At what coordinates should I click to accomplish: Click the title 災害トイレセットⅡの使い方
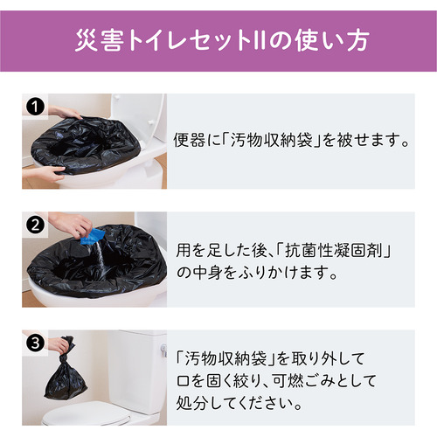pyautogui.click(x=222, y=40)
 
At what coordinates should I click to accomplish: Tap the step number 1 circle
pyautogui.click(x=35, y=107)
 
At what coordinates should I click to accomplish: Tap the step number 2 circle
pyautogui.click(x=35, y=225)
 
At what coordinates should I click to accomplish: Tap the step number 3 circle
pyautogui.click(x=35, y=343)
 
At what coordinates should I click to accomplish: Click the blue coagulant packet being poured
pyautogui.click(x=92, y=236)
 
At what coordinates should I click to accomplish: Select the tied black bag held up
pyautogui.click(x=66, y=370)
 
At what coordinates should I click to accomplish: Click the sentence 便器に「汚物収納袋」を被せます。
pyautogui.click(x=291, y=140)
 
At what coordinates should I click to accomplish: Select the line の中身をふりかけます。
pyautogui.click(x=257, y=273)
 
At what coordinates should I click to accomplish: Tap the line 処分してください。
pyautogui.click(x=239, y=403)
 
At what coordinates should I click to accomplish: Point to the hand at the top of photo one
pyautogui.click(x=65, y=112)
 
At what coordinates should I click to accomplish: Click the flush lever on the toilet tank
pyautogui.click(x=163, y=349)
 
